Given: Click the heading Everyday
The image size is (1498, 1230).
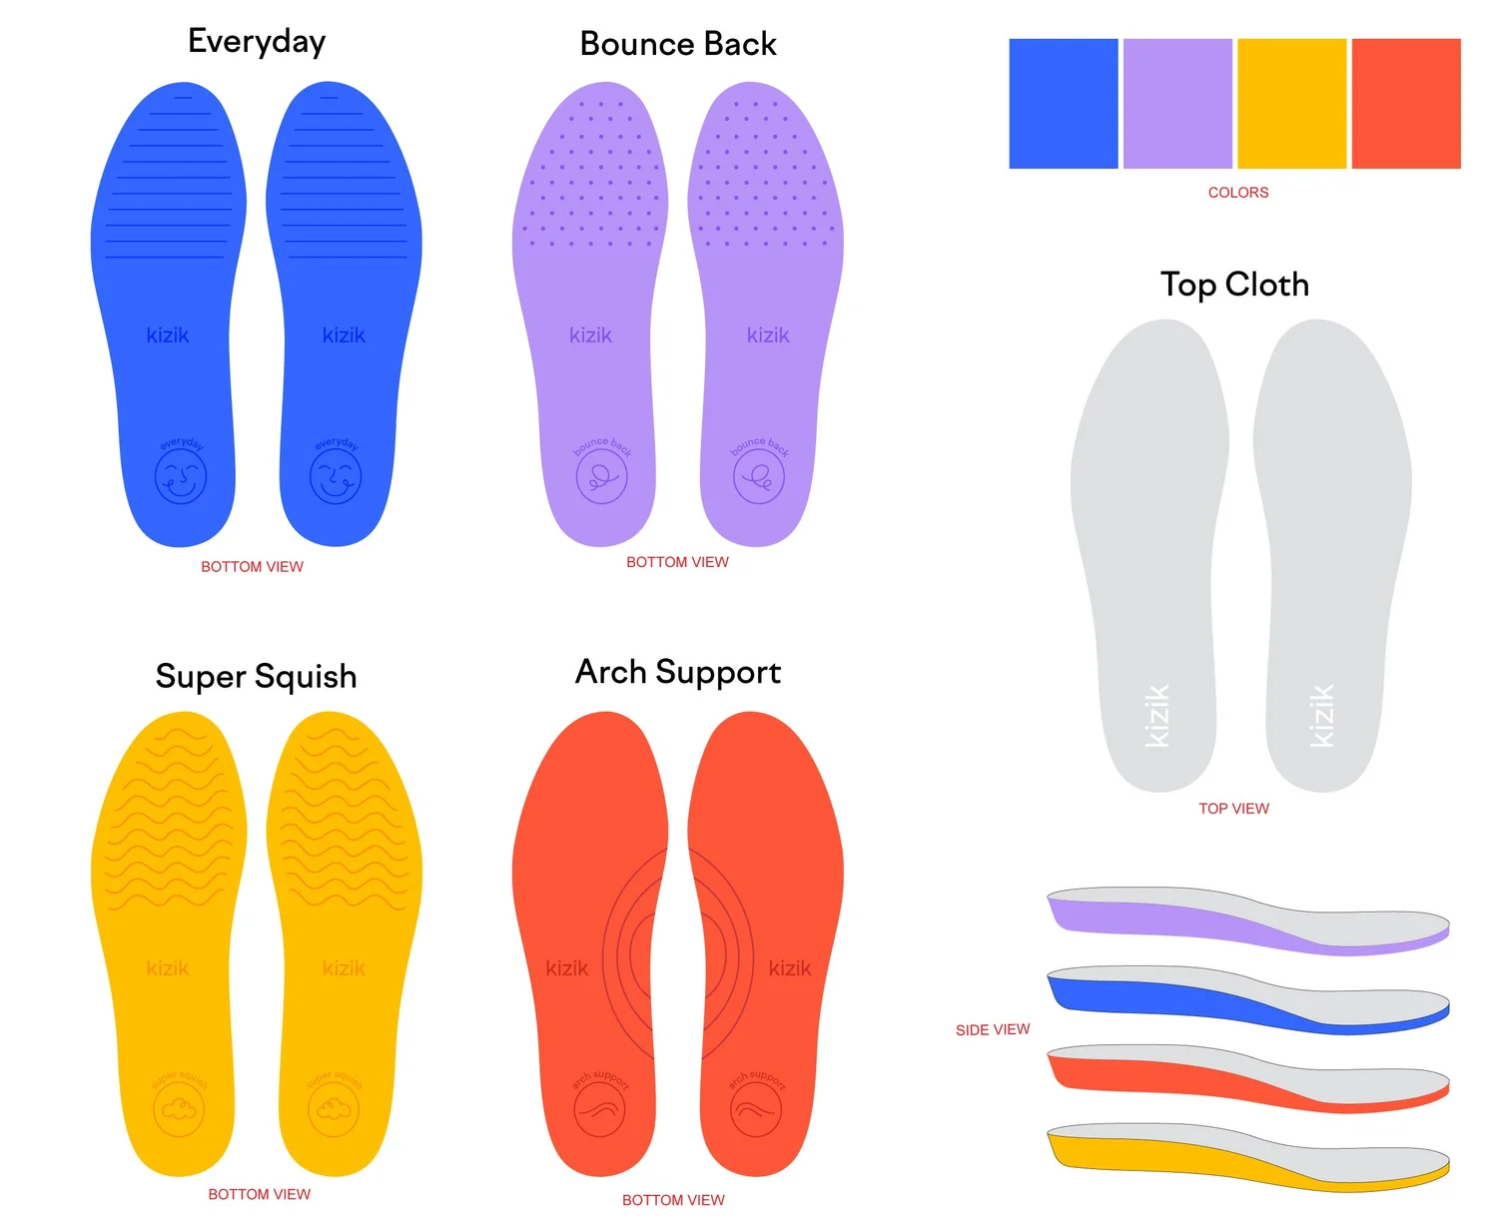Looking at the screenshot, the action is (257, 42).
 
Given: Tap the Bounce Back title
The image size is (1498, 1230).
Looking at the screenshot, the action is (678, 44).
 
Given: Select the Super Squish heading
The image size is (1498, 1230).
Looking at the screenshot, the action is (256, 677).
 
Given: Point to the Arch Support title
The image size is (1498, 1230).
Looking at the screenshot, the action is (678, 672).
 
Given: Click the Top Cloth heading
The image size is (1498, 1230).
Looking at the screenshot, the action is (1234, 285).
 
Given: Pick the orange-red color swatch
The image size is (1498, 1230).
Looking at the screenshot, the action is (1405, 104).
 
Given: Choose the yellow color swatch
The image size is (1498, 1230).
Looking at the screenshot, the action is (1291, 104).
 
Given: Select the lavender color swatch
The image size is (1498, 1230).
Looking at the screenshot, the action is (1177, 104).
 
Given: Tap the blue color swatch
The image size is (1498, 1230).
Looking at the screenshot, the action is (1063, 104).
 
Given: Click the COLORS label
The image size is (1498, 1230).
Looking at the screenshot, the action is (1238, 193).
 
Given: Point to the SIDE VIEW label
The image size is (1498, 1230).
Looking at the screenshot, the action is (992, 1030).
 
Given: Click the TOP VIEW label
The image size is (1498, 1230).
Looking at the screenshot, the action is (1233, 809).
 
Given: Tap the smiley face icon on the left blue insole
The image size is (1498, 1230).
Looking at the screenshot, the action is (181, 476).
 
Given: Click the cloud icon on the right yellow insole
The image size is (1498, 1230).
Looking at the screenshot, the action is (335, 1108).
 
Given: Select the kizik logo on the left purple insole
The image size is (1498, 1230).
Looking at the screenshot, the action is (590, 335).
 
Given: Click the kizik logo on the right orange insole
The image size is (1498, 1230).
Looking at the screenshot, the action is (790, 968).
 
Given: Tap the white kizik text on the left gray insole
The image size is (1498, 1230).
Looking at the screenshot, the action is (1156, 716).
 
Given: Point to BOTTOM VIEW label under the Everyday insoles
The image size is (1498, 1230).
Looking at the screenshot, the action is (252, 567).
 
